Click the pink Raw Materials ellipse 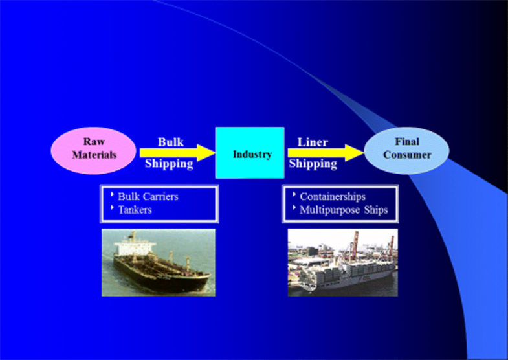pos(94,149)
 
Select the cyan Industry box pos(250,153)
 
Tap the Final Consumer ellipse pos(406,149)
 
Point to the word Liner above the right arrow pos(313,142)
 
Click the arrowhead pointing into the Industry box pos(206,153)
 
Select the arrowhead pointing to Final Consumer pos(355,153)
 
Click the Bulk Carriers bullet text pos(148,196)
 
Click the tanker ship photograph pos(159,262)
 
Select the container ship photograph pos(342,262)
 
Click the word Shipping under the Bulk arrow pos(169,164)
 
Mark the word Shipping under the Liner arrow pos(313,164)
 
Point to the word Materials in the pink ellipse pos(94,155)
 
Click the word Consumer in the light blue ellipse pos(406,155)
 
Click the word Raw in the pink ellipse pos(94,142)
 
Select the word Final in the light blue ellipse pos(406,142)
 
